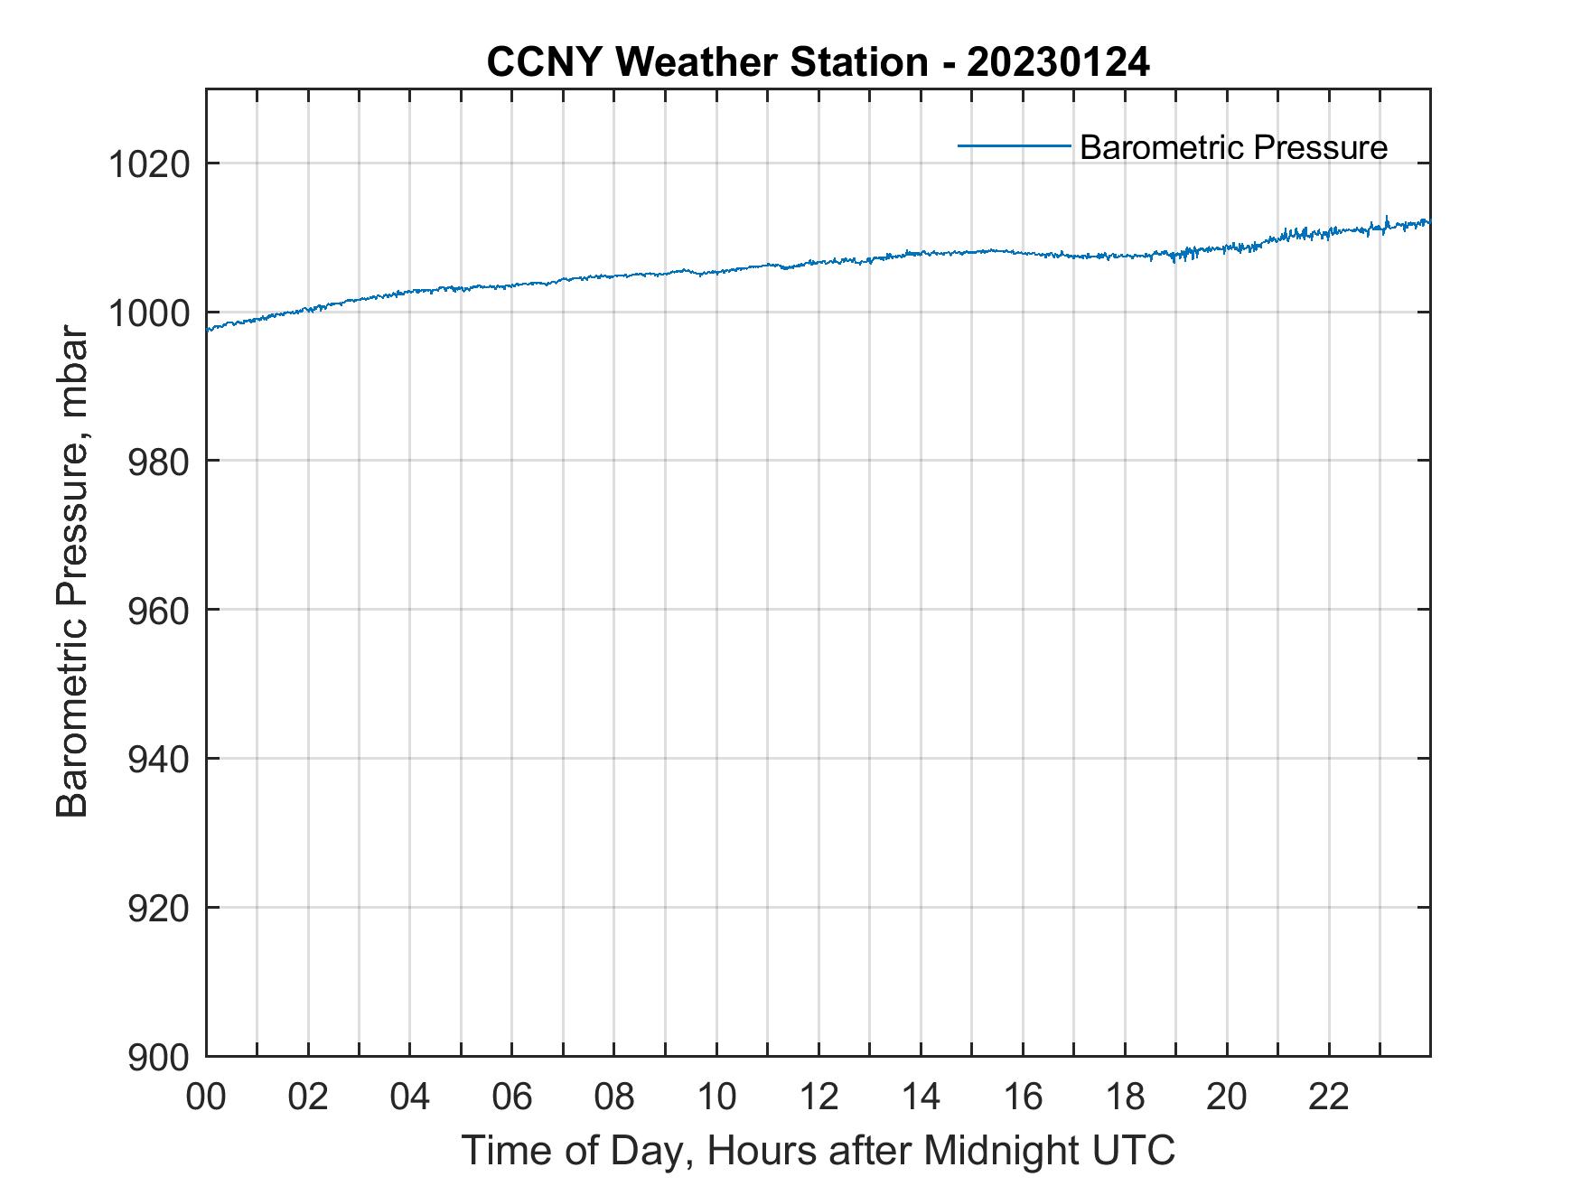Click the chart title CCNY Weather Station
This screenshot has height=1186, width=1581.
[706, 62]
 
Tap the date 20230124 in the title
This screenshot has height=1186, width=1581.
[1058, 62]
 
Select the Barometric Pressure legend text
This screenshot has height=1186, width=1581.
[1233, 147]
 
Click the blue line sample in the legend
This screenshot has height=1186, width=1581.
[1014, 145]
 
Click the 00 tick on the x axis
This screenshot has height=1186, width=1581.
[207, 1097]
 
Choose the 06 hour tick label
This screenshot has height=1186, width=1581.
[512, 1097]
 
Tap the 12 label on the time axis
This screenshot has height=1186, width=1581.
[819, 1097]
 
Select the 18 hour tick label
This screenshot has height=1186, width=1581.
[1125, 1097]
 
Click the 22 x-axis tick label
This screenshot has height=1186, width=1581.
[1329, 1097]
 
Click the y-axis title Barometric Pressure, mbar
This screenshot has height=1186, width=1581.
[72, 572]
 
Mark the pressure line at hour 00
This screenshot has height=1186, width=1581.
[209, 330]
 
